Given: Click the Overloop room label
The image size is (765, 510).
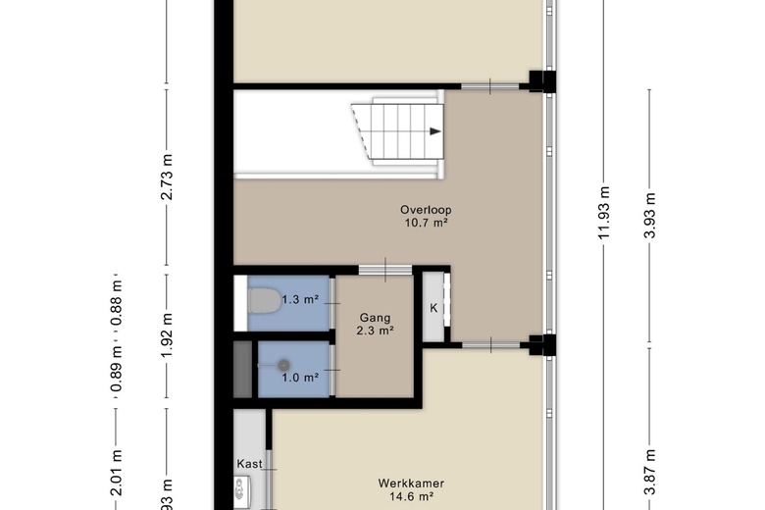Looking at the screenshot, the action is pyautogui.click(x=426, y=210).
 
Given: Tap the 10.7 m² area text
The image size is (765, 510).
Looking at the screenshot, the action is pyautogui.click(x=426, y=223).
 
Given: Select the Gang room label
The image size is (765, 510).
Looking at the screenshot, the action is pyautogui.click(x=376, y=318).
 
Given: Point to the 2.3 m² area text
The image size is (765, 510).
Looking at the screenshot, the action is pyautogui.click(x=376, y=331).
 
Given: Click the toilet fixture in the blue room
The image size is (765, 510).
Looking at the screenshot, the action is pyautogui.click(x=264, y=301).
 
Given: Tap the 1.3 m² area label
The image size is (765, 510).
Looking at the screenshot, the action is pyautogui.click(x=300, y=300).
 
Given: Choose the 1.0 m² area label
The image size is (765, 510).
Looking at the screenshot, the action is pyautogui.click(x=300, y=378).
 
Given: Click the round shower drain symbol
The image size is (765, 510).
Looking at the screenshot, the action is pyautogui.click(x=284, y=365).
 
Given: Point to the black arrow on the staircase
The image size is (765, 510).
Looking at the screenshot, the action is pyautogui.click(x=435, y=131).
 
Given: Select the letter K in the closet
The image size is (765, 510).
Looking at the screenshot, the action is pyautogui.click(x=433, y=308).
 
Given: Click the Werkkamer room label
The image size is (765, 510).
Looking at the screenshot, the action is pyautogui.click(x=411, y=484).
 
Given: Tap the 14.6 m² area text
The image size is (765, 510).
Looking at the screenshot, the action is pyautogui.click(x=412, y=497).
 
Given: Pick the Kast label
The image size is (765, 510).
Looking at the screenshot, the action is pyautogui.click(x=249, y=464).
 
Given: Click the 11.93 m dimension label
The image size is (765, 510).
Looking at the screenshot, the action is pyautogui.click(x=604, y=213).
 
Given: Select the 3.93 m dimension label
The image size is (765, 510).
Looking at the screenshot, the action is pyautogui.click(x=649, y=215).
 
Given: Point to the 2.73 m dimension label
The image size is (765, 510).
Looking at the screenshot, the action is pyautogui.click(x=167, y=178).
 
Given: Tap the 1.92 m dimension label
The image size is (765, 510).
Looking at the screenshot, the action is pyautogui.click(x=167, y=334).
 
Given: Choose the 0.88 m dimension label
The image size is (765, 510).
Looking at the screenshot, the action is pyautogui.click(x=116, y=303).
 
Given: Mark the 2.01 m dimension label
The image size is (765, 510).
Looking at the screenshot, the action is pyautogui.click(x=116, y=473).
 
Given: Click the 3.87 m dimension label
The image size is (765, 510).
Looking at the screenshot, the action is pyautogui.click(x=649, y=473).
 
